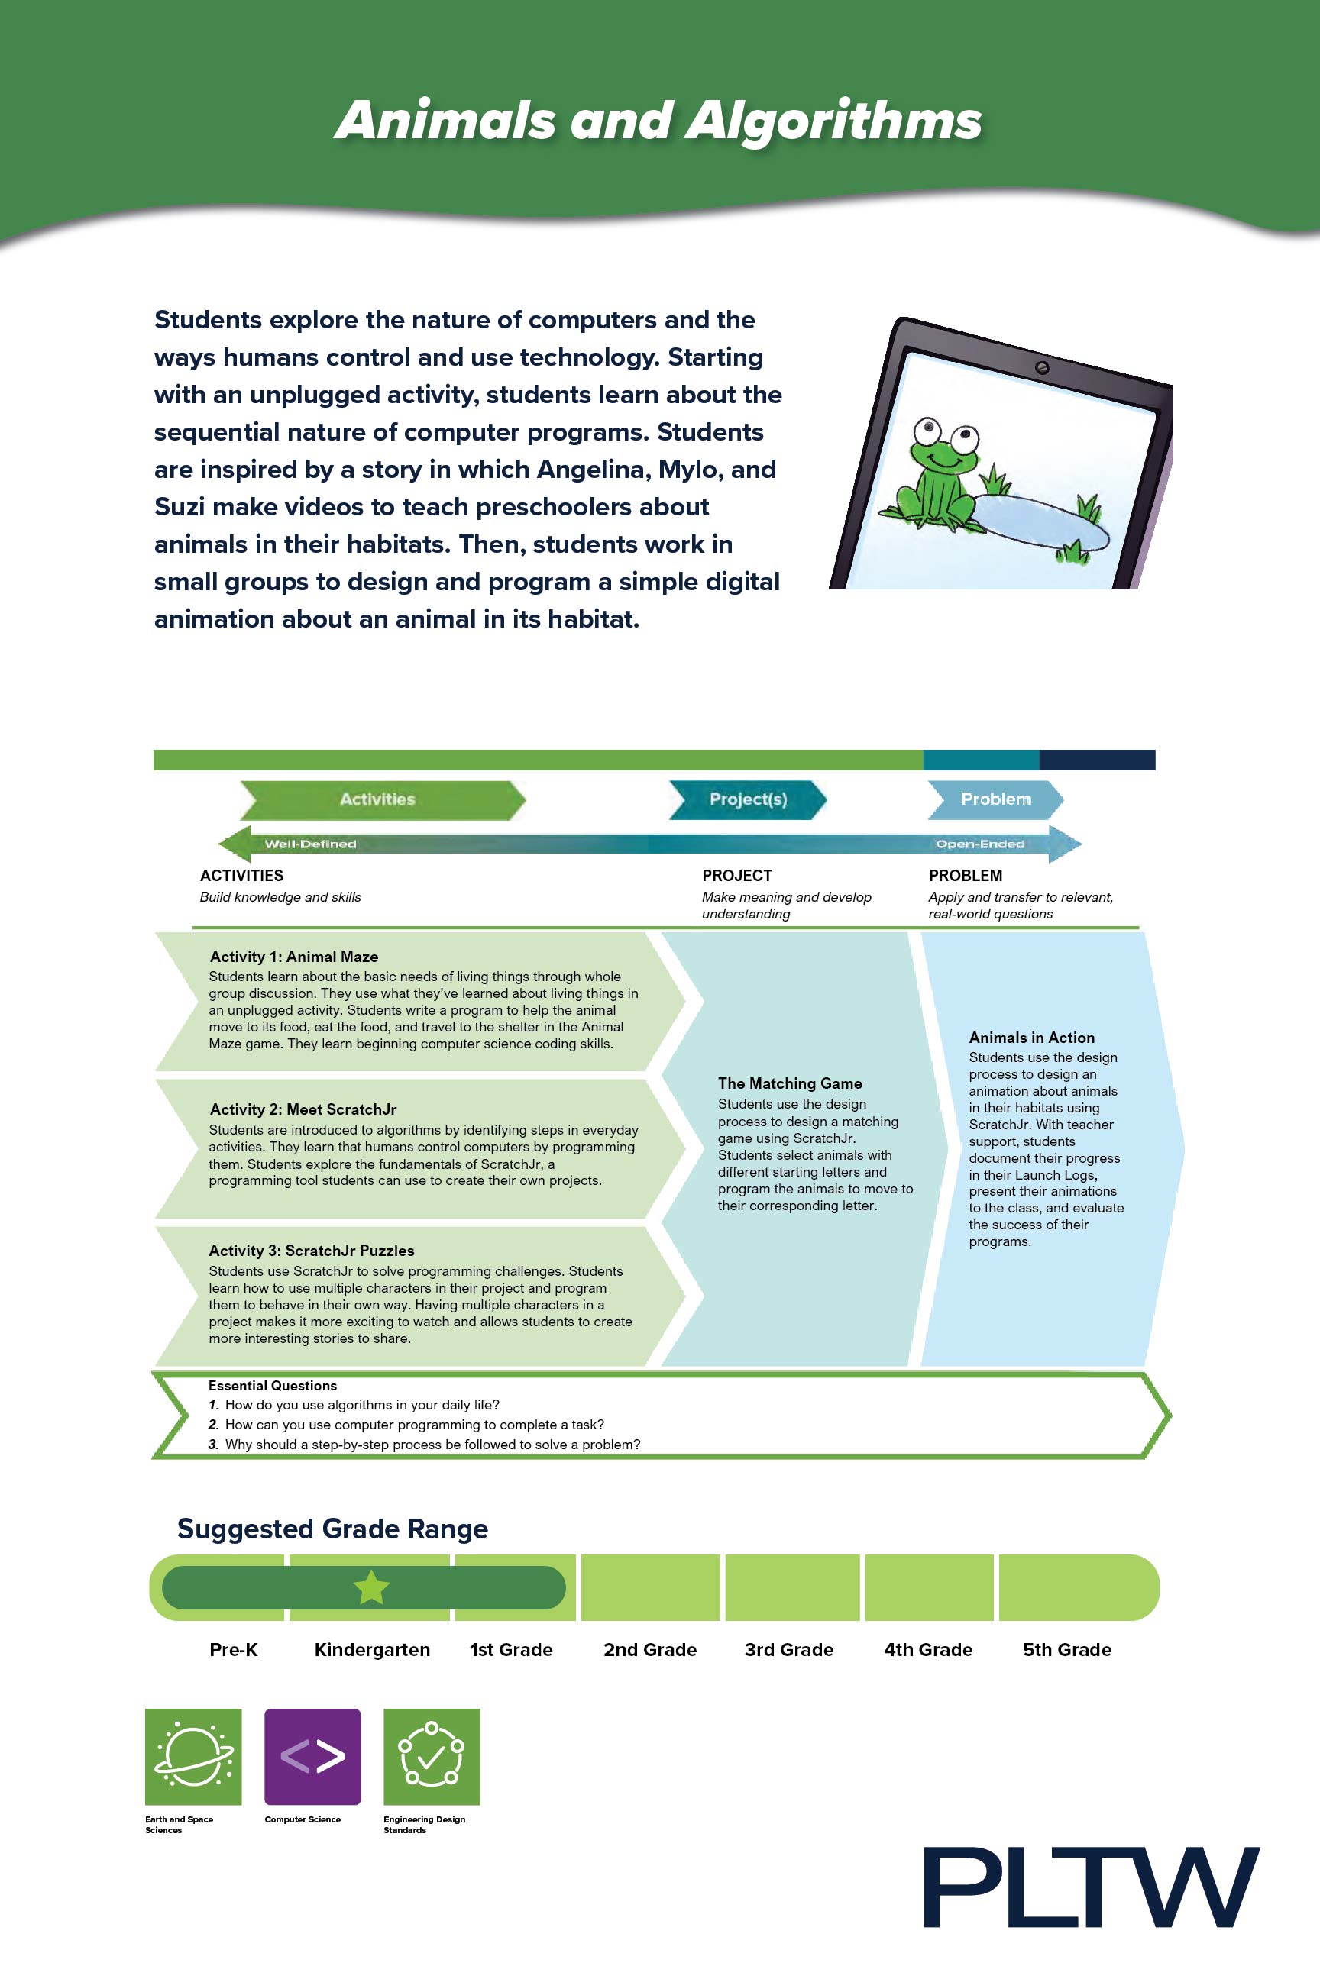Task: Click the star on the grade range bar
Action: tap(371, 1588)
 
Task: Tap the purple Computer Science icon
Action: tap(312, 1756)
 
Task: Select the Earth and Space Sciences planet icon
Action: tap(192, 1756)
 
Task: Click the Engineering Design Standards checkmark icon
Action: tap(432, 1756)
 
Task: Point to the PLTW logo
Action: tap(1091, 1887)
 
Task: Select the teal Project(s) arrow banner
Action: tap(748, 799)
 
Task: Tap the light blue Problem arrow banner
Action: tap(995, 799)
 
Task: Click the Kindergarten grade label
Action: tap(372, 1649)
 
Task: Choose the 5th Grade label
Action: tap(1067, 1649)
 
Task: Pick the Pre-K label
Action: tap(233, 1649)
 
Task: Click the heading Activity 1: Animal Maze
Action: tap(294, 957)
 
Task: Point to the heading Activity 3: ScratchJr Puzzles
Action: tap(312, 1251)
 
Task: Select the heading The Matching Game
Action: tap(790, 1083)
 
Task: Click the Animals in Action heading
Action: tap(1031, 1038)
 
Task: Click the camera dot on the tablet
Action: tap(1041, 368)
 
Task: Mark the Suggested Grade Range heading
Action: tap(332, 1529)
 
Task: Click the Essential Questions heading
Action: tap(273, 1385)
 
